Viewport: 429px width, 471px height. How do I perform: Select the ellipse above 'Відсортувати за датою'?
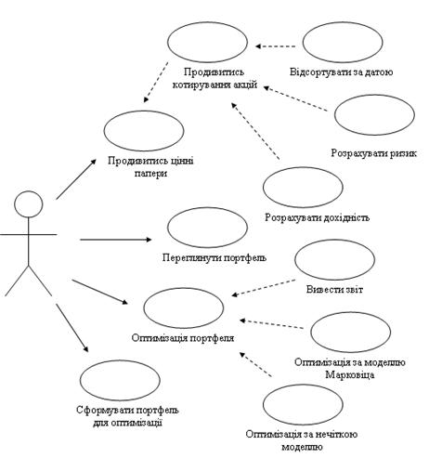click(343, 22)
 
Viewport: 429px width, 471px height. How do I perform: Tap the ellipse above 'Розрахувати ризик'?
click(374, 96)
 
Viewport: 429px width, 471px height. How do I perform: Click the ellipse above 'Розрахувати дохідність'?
click(303, 167)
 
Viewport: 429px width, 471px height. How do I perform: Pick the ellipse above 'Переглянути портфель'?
click(208, 208)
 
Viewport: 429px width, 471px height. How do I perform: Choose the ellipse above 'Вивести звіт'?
click(335, 240)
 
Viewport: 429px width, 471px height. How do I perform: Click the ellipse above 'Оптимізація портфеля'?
click(184, 288)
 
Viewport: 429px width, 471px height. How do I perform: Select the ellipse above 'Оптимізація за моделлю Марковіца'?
click(351, 312)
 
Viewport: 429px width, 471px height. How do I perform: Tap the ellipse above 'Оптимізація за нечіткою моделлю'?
click(303, 385)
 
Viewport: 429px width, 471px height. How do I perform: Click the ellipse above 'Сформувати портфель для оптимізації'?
click(120, 360)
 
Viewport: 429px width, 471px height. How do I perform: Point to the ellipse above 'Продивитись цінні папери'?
click(144, 111)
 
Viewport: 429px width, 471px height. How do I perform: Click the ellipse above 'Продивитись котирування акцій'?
click(208, 22)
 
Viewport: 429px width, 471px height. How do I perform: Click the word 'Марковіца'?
click(350, 375)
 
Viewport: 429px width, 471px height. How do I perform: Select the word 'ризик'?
click(402, 153)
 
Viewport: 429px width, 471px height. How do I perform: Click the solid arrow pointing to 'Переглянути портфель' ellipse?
click(116, 240)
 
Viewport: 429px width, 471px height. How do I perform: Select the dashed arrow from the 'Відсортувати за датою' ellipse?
click(276, 46)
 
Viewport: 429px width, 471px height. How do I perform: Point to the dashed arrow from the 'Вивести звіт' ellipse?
click(264, 288)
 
